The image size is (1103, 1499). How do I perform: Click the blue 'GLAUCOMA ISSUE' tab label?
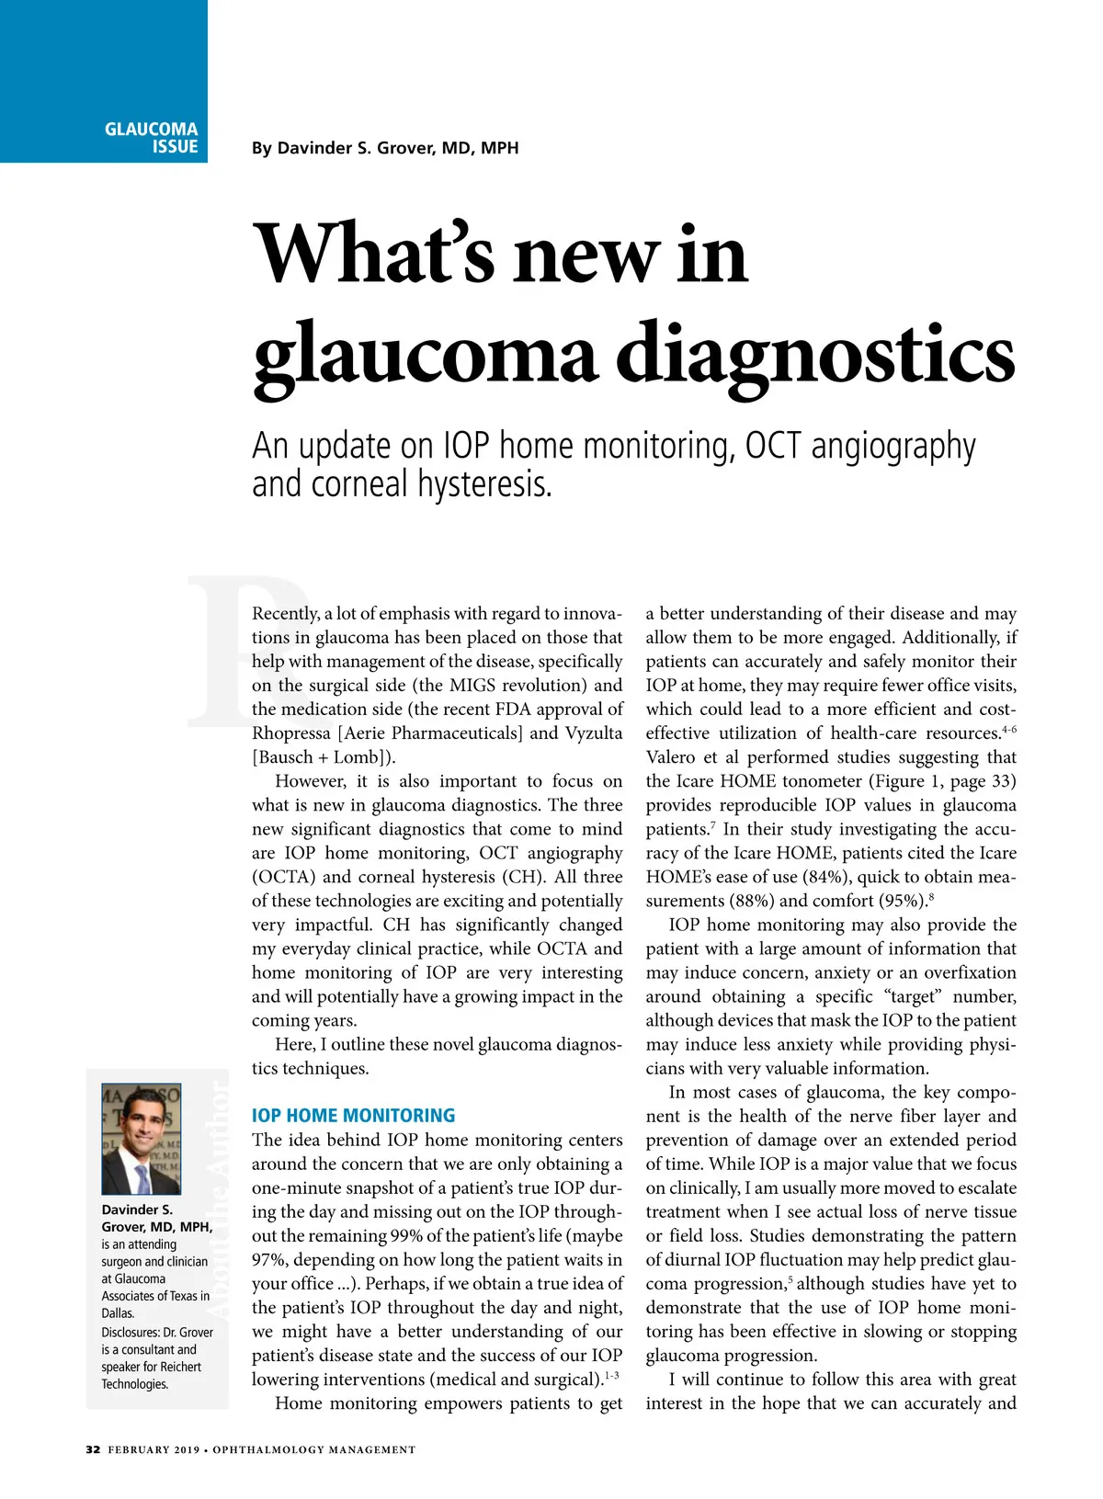pos(152,138)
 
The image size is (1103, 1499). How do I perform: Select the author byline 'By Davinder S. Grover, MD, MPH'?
pos(385,148)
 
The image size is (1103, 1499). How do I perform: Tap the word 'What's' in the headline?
pos(373,255)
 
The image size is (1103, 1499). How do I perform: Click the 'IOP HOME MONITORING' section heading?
pos(353,1116)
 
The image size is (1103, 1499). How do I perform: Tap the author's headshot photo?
pos(141,1139)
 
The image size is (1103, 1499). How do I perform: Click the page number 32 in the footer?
pos(93,1449)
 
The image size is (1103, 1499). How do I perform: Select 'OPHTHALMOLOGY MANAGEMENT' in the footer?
pos(314,1450)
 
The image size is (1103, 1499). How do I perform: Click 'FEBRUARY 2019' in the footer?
pos(154,1450)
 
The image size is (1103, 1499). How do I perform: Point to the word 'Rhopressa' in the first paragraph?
pos(291,733)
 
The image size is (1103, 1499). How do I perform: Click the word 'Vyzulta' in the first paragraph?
pos(594,733)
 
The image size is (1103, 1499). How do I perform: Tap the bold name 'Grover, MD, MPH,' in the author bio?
pos(157,1227)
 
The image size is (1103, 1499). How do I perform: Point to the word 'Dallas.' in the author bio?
pos(119,1313)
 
